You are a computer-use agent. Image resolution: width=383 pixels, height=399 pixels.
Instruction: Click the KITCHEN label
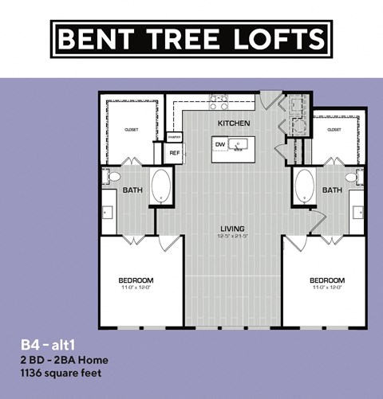point(235,123)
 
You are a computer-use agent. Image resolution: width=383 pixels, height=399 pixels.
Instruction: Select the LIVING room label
point(232,229)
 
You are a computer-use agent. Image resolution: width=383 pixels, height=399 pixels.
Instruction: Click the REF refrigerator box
point(175,151)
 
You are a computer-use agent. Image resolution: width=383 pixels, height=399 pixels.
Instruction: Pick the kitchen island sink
point(237,144)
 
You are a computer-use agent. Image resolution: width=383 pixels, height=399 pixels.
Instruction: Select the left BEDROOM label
point(136,280)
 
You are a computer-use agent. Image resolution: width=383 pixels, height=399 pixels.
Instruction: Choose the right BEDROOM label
point(326,280)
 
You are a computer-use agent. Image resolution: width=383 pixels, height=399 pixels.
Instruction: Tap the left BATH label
point(132,190)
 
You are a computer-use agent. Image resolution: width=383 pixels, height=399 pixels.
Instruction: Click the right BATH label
point(332,190)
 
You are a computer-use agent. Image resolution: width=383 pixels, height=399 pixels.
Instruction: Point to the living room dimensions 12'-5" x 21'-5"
point(232,237)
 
